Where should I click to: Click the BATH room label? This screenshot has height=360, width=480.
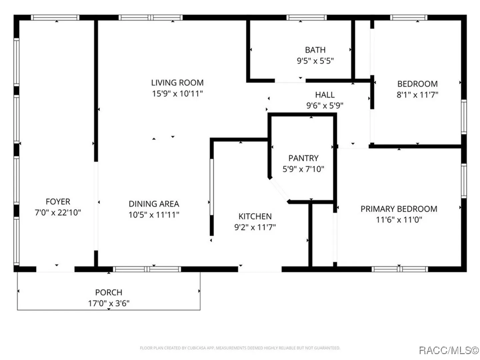[x=315, y=50]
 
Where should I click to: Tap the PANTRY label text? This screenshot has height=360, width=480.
[x=303, y=158]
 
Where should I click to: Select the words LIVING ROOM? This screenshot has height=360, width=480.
[x=177, y=83]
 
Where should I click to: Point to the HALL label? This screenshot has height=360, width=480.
[x=325, y=95]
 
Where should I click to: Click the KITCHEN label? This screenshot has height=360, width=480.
[x=255, y=216]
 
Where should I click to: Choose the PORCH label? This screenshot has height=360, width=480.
[x=109, y=292]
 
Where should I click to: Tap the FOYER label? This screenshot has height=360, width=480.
[x=58, y=201]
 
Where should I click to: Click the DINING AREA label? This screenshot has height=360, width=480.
[x=154, y=204]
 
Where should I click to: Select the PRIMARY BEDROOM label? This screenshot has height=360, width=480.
[x=399, y=209]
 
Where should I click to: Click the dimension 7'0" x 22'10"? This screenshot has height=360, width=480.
[x=58, y=212]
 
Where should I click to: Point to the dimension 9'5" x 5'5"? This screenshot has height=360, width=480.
[x=315, y=61]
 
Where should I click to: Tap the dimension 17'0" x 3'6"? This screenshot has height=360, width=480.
[x=109, y=303]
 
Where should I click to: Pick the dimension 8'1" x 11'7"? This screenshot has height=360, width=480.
[x=417, y=95]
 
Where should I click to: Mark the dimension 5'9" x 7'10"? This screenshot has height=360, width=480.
[x=303, y=169]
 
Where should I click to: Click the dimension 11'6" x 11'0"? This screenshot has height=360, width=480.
[x=399, y=219]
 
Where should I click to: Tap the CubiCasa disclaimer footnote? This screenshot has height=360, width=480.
[x=240, y=348]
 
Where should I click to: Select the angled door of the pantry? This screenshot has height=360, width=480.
[x=279, y=190]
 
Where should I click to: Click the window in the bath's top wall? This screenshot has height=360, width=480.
[x=306, y=17]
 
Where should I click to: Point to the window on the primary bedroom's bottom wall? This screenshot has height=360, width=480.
[x=400, y=269]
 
